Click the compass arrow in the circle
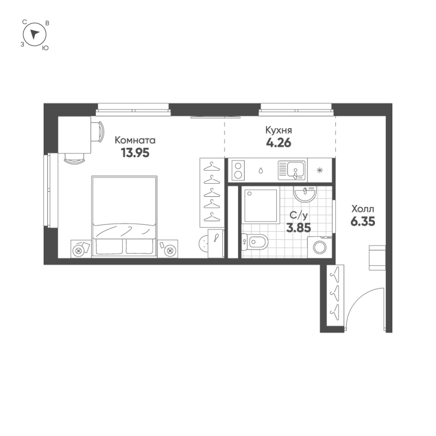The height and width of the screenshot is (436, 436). [x=35, y=34]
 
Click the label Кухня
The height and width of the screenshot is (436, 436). [x=278, y=131]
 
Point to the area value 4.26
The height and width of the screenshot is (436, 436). [x=278, y=144]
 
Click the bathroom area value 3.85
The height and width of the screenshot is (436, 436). [x=299, y=228]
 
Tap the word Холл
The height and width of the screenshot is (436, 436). [x=363, y=209]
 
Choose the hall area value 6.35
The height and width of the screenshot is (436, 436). [x=363, y=221]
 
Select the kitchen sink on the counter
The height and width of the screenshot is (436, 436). [x=293, y=169]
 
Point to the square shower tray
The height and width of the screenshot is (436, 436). [x=261, y=205]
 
